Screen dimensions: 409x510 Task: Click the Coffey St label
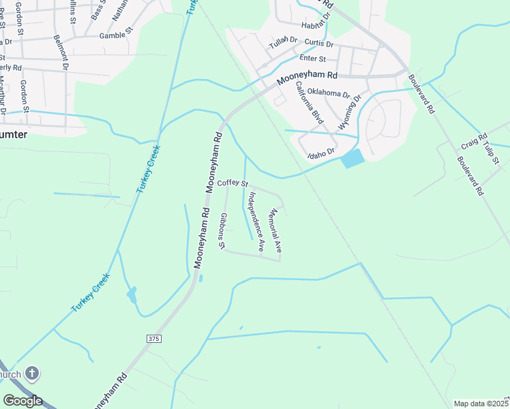tap(232, 183)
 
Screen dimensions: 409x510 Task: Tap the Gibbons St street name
tap(222, 230)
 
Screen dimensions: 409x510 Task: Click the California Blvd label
tap(309, 103)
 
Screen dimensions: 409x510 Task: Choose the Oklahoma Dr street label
tap(328, 92)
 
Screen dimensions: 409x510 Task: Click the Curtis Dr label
tap(318, 43)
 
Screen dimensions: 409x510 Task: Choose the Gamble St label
tap(113, 35)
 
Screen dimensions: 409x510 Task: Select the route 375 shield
tap(154, 338)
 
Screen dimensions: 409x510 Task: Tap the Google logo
tap(22, 401)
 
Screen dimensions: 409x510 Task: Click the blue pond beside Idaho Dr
tap(353, 159)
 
